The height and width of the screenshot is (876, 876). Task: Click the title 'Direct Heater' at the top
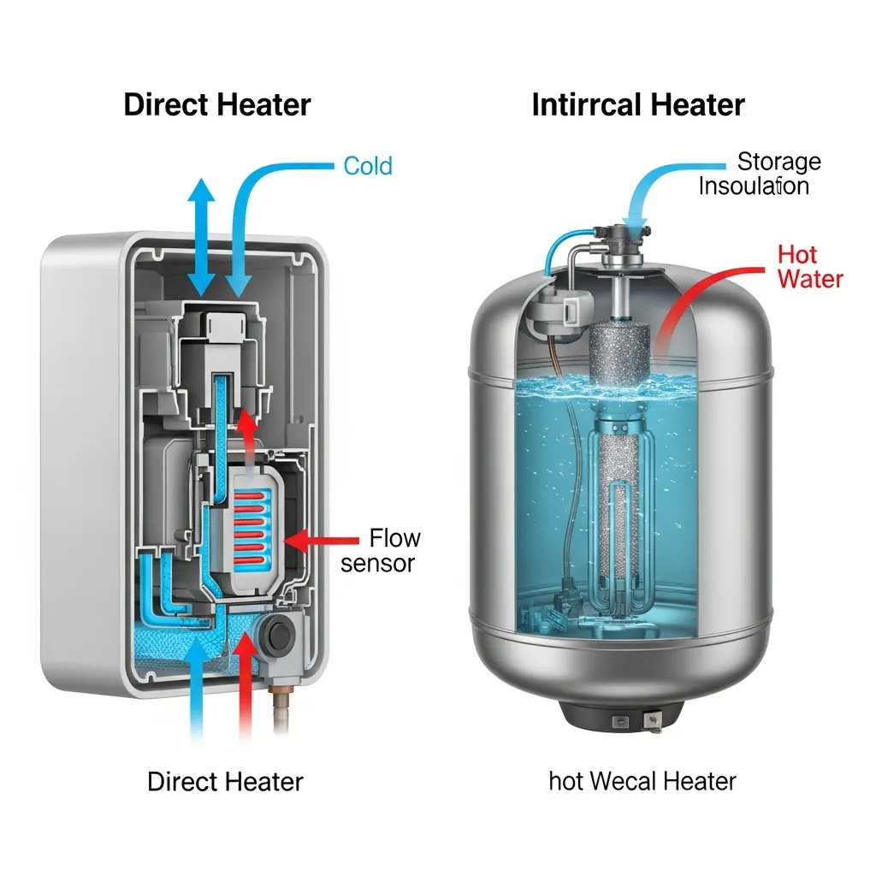click(217, 105)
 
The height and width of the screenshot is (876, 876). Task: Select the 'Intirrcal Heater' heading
click(638, 105)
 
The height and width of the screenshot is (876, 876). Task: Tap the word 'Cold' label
click(368, 165)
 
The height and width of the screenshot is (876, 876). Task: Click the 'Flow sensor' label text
click(381, 550)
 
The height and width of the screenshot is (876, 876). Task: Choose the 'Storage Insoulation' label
click(754, 174)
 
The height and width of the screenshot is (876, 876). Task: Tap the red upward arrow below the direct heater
click(248, 684)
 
